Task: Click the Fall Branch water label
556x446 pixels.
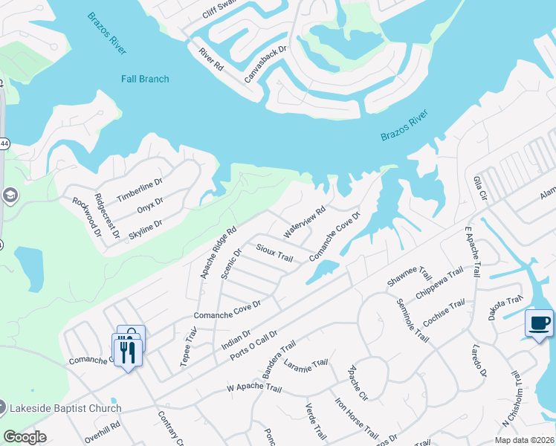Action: (x=145, y=79)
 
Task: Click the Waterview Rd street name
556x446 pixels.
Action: (x=305, y=222)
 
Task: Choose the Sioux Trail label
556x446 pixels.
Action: (x=274, y=251)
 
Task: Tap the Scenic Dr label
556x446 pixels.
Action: (x=232, y=263)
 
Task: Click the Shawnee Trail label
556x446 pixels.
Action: (x=410, y=277)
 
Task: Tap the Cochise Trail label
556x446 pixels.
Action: (x=444, y=311)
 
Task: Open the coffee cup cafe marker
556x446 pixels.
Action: (x=539, y=323)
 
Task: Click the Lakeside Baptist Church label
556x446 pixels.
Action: (x=65, y=408)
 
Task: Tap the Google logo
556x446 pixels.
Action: (x=25, y=437)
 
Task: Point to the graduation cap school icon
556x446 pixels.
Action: (x=10, y=195)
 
